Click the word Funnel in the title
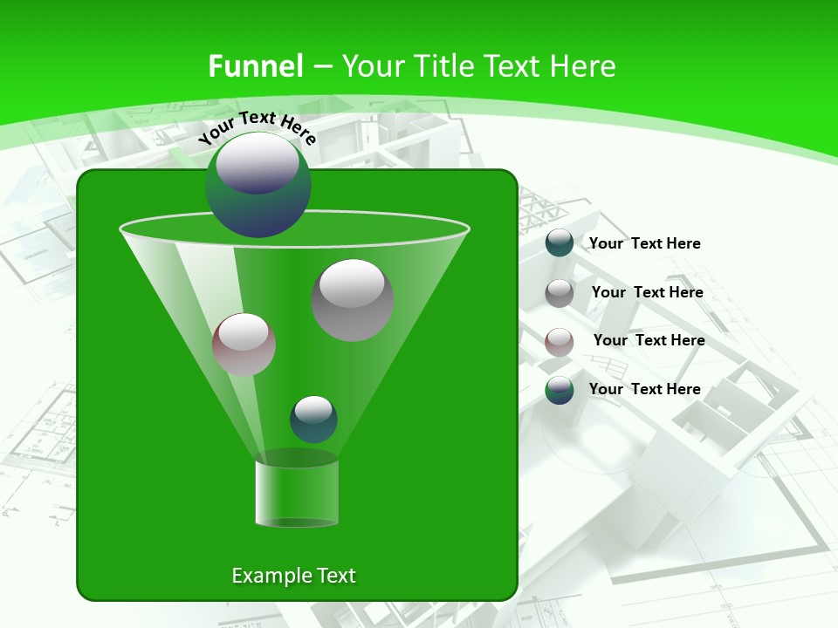[255, 66]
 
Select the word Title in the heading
[443, 66]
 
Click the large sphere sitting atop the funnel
[258, 185]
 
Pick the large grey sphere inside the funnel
[353, 300]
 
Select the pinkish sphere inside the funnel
[244, 345]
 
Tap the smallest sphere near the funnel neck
[313, 419]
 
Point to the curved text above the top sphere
[257, 127]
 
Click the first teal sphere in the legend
[560, 242]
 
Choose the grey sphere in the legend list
[560, 293]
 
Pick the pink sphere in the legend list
[560, 342]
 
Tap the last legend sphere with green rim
[560, 390]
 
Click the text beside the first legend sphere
[645, 243]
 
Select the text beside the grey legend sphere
[648, 292]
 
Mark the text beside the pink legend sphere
[649, 340]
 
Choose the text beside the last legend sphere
[645, 389]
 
